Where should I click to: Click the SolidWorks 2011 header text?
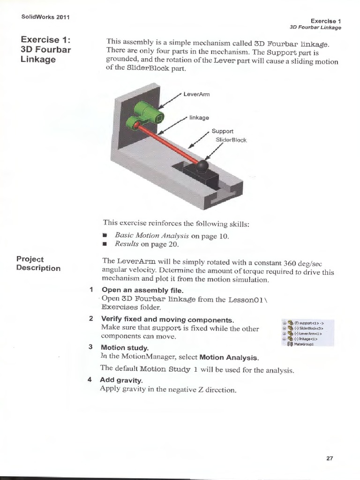45,17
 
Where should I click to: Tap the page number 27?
330,459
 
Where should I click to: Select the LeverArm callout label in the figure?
196,94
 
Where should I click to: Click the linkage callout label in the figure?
199,118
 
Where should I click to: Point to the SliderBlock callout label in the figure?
231,140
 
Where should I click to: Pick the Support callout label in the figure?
222,131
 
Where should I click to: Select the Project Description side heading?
38,263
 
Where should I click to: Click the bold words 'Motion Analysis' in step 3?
229,358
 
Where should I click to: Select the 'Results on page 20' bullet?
146,244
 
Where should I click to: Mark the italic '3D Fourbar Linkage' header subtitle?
315,28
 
